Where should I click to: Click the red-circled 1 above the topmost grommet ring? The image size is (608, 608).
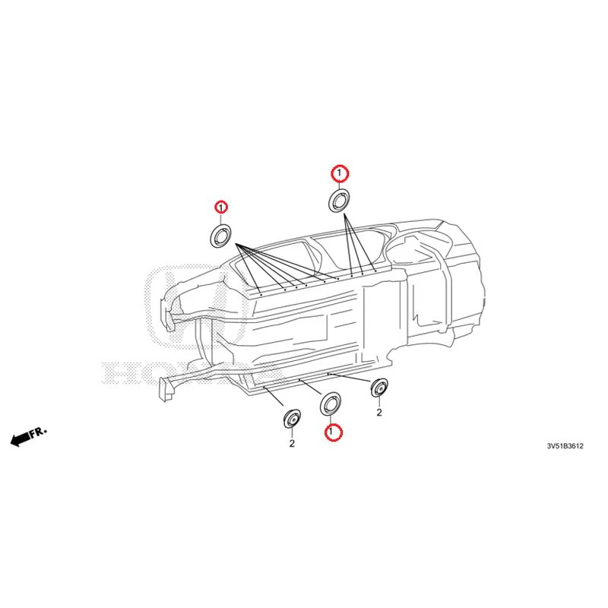click(340, 173)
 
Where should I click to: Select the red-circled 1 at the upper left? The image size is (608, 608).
click(221, 207)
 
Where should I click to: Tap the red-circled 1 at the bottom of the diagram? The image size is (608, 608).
click(333, 432)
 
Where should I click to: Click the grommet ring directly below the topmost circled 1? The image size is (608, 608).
click(338, 200)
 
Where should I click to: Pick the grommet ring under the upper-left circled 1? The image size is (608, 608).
click(220, 235)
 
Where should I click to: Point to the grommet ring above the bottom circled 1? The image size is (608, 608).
click(330, 404)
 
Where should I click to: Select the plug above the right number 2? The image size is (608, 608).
click(379, 388)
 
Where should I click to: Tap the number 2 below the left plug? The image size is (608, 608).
click(292, 443)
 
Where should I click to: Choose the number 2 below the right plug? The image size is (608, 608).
click(379, 412)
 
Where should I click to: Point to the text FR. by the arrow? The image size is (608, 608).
click(39, 431)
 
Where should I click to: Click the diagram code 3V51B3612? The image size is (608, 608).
click(565, 446)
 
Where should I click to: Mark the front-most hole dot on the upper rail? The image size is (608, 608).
click(261, 295)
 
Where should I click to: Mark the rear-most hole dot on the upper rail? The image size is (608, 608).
click(375, 271)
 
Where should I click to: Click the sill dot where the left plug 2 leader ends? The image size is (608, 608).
click(264, 387)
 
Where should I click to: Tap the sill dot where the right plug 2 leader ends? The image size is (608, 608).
click(328, 374)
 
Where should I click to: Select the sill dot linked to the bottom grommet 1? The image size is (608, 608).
click(299, 381)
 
